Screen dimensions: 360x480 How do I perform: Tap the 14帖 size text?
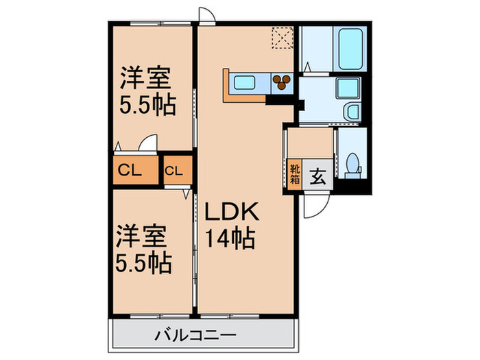[230, 239]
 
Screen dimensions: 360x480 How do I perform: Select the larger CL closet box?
[134, 171]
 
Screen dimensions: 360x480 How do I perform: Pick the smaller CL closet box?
[173, 171]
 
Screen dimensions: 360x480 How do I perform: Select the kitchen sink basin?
[245, 83]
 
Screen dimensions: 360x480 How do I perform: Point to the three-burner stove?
[280, 83]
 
